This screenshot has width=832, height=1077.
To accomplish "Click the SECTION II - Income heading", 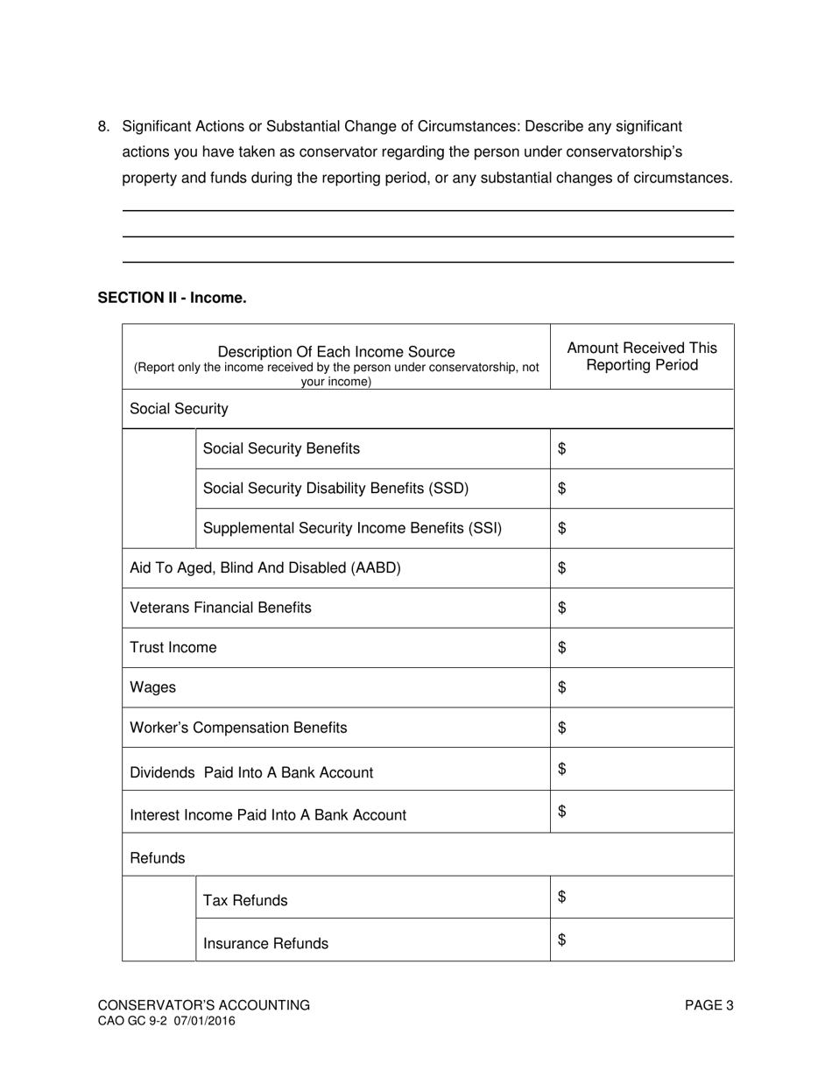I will point(172,298).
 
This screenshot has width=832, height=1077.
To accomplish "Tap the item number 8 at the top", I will point(103,127).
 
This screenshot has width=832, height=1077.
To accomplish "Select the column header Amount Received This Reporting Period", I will point(641,356).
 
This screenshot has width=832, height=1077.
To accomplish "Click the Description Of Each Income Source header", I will point(335,352).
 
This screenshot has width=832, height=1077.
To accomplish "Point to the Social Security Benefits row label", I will point(281,448).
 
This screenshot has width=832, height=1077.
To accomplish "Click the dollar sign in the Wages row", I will point(562,687).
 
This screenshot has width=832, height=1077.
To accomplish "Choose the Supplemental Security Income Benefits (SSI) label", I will point(352,528).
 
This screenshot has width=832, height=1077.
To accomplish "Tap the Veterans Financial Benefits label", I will point(220,608).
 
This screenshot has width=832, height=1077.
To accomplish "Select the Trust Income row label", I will point(173,647).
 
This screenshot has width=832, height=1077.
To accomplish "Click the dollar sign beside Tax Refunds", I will point(562,897).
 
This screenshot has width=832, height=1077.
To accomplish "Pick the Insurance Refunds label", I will point(265,943).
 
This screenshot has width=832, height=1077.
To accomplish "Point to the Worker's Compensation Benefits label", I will point(238,728).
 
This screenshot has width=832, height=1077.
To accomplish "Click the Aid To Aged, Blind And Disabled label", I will point(264,567).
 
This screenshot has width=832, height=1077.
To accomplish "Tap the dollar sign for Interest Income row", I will point(562,812).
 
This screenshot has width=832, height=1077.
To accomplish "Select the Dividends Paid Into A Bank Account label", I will point(250,772).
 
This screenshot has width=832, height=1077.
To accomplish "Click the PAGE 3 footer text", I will point(709,1005).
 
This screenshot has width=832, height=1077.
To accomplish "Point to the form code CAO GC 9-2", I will point(131,1021).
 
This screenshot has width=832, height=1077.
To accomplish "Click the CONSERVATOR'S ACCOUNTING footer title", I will point(203,1005).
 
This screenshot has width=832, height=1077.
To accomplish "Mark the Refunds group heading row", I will point(158,858).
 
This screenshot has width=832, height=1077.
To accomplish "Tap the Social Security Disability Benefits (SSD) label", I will point(335,489).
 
